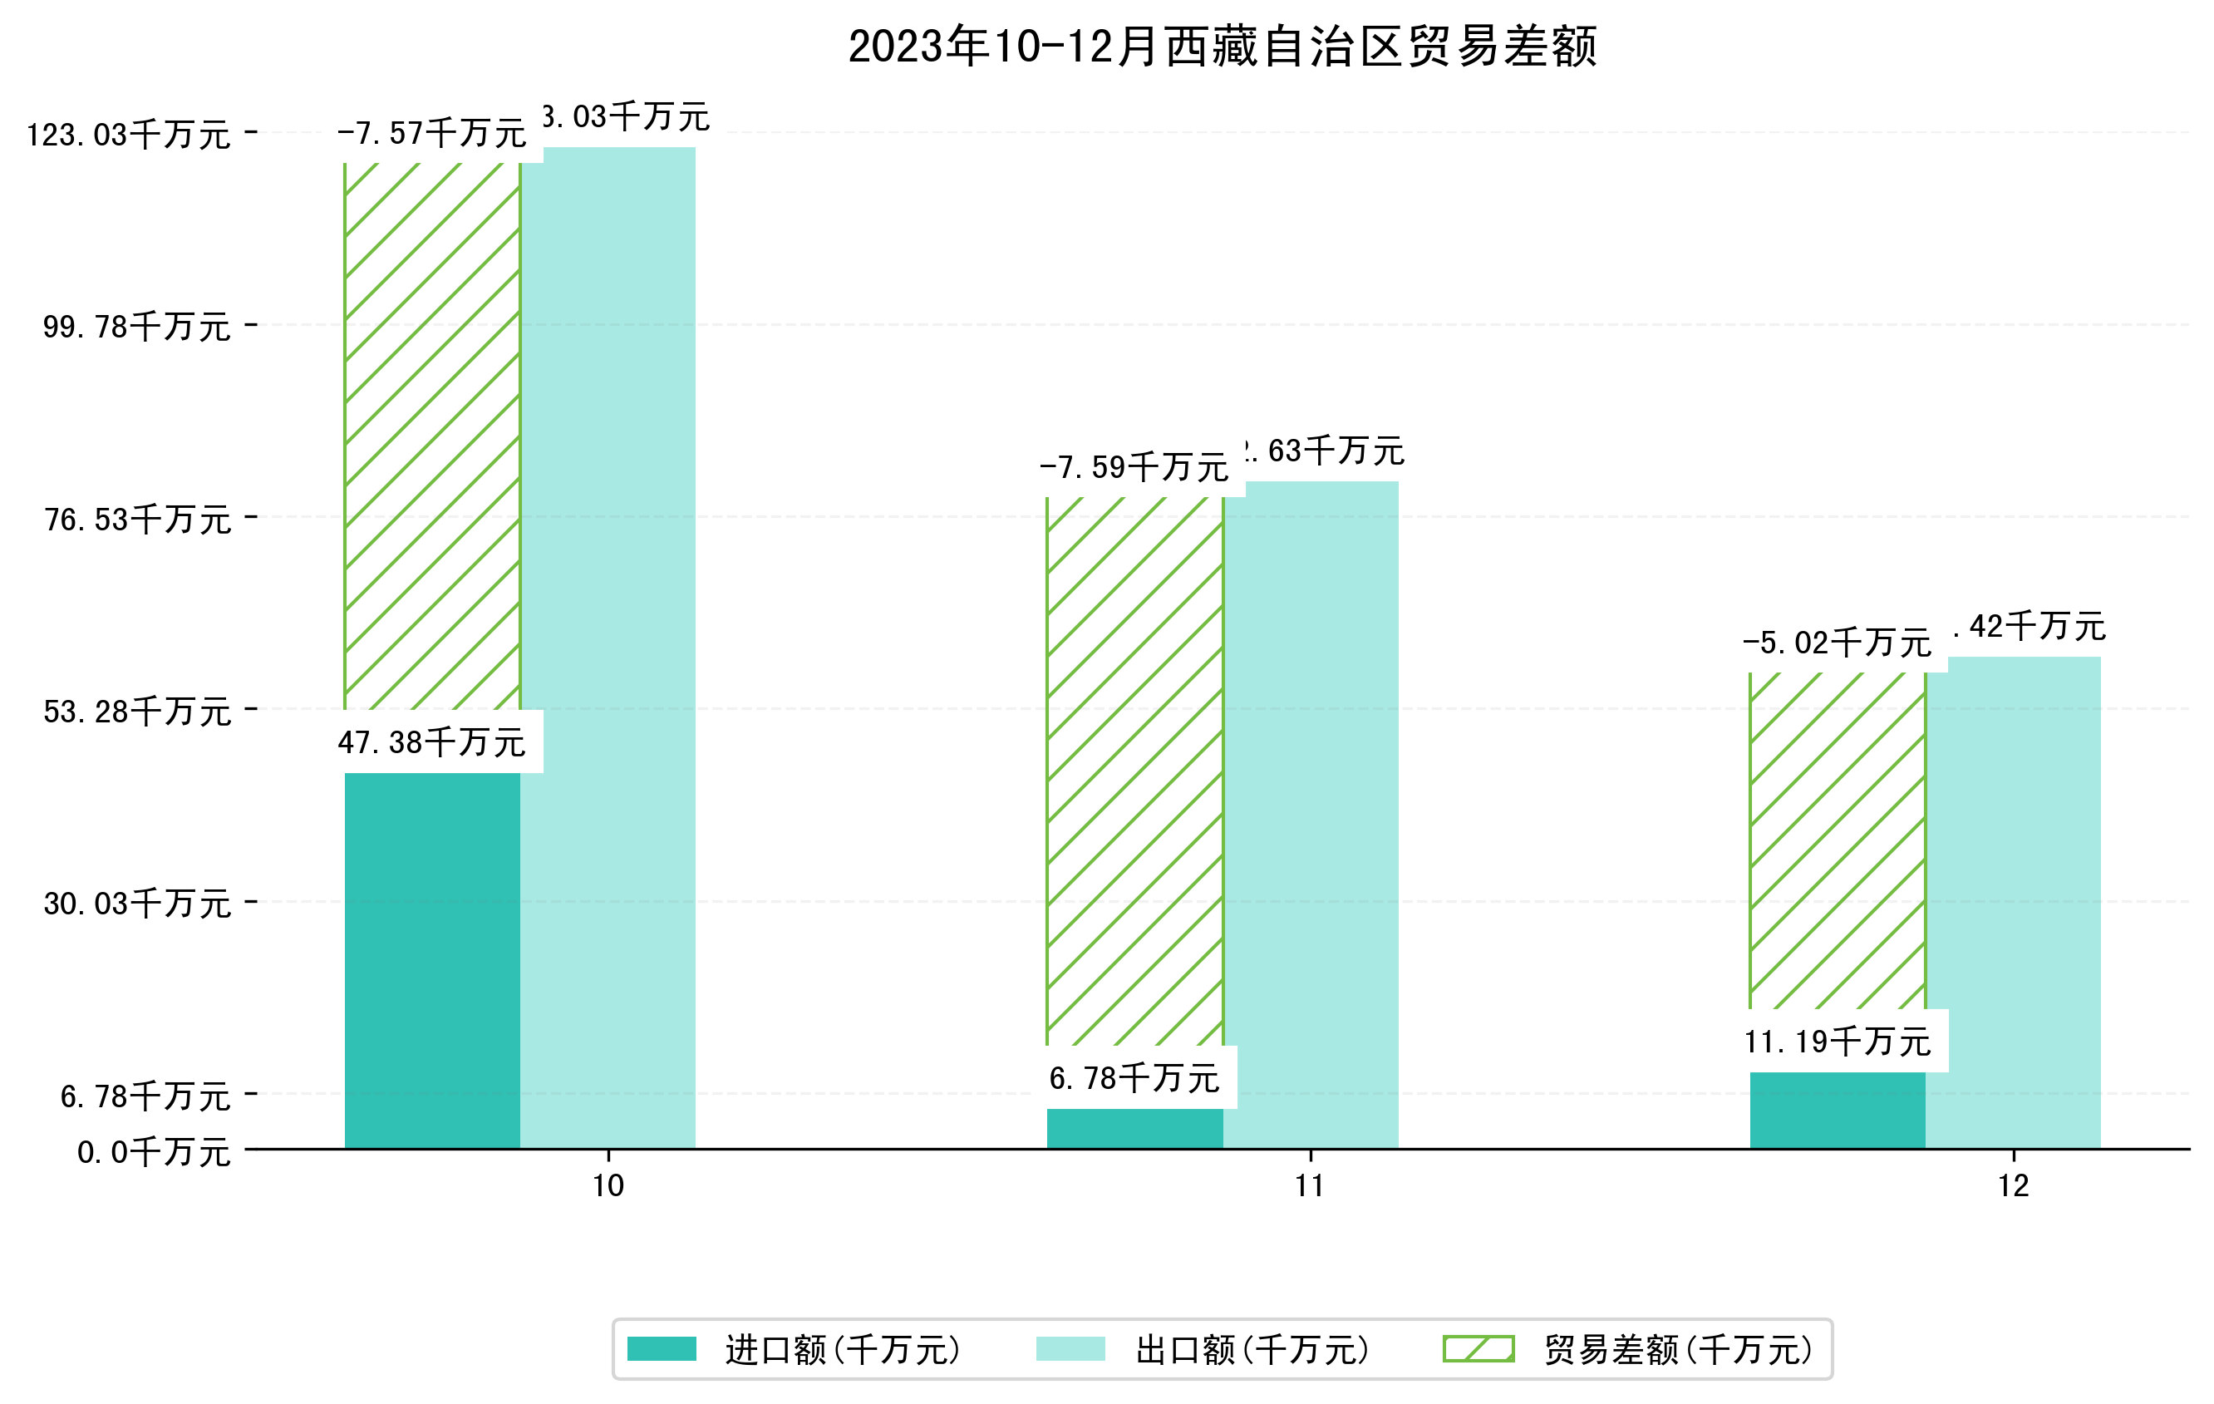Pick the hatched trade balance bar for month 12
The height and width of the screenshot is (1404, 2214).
(x=1837, y=841)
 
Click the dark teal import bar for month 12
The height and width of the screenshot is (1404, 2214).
(x=1837, y=1110)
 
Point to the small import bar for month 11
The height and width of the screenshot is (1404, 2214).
(x=1134, y=1128)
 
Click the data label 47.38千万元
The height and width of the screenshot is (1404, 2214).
(x=431, y=742)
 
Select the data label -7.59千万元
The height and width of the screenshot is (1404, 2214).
(x=1134, y=468)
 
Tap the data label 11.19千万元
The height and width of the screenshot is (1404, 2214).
(x=1837, y=1042)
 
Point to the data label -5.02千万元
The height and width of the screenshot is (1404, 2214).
(x=1836, y=643)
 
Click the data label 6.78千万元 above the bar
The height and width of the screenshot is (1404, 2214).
(x=1134, y=1078)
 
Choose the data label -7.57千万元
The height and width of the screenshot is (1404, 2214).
(x=431, y=134)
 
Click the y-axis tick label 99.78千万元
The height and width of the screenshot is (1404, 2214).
(x=137, y=327)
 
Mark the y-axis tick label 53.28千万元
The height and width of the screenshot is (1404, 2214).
(x=137, y=712)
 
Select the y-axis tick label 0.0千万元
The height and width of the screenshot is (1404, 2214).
(x=154, y=1152)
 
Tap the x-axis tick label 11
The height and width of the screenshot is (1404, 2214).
(x=1309, y=1186)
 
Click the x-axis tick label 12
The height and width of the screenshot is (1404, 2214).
(x=2013, y=1186)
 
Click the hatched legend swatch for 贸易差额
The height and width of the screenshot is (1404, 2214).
(x=1478, y=1349)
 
